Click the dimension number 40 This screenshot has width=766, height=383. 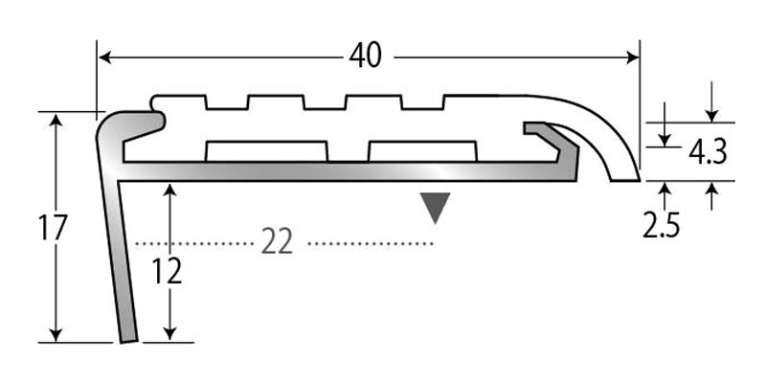pyautogui.click(x=365, y=56)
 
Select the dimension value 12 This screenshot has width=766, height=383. pyautogui.click(x=168, y=273)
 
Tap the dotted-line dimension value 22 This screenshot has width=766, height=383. pyautogui.click(x=277, y=243)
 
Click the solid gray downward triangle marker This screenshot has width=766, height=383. pyautogui.click(x=436, y=207)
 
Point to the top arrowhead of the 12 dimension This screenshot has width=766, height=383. pyautogui.click(x=170, y=191)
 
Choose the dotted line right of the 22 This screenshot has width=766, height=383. pyautogui.click(x=369, y=244)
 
